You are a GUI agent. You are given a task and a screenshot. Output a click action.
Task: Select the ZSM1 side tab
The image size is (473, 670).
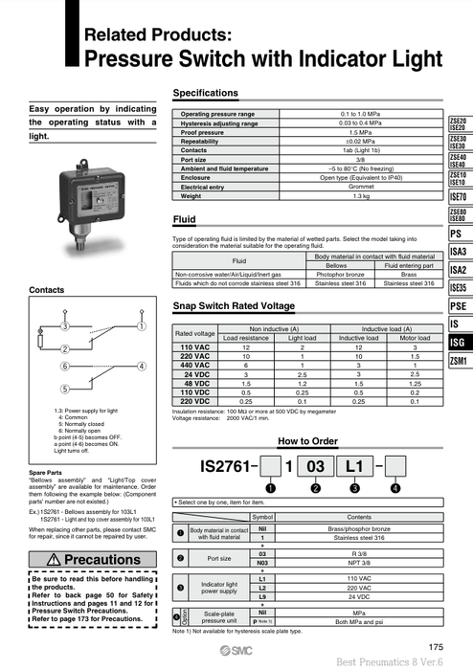coord(458,361)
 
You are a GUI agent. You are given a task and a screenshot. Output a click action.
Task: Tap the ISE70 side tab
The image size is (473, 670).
coord(458,196)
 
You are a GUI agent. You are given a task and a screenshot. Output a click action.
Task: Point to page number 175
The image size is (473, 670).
coord(436,647)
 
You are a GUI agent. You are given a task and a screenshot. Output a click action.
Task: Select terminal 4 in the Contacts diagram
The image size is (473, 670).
coord(142,366)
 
